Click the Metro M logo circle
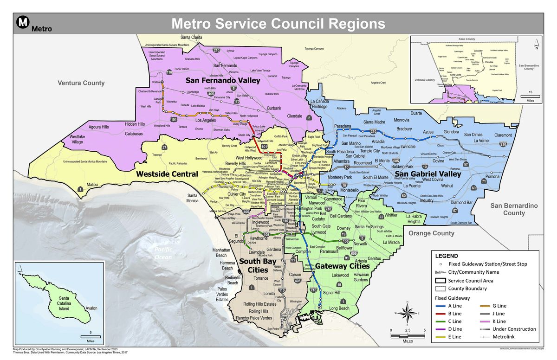click(23, 22)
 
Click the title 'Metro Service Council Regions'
click(278, 23)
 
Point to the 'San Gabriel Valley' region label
click(427, 174)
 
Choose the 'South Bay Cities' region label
click(255, 265)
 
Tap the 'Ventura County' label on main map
click(81, 83)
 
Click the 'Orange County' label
click(431, 233)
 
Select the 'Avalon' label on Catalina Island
click(91, 308)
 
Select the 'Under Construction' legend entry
click(513, 329)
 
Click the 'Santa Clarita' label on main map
click(191, 37)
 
